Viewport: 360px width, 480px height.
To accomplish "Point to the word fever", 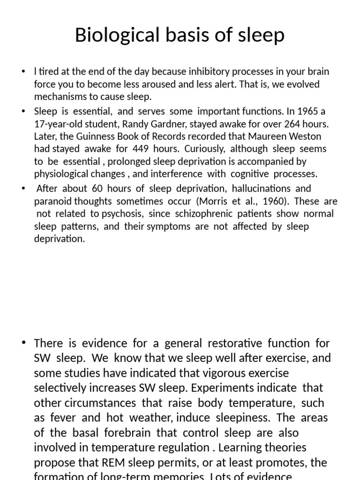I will pos(67,418).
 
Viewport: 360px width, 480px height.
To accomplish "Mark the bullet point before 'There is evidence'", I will pos(24,343).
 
